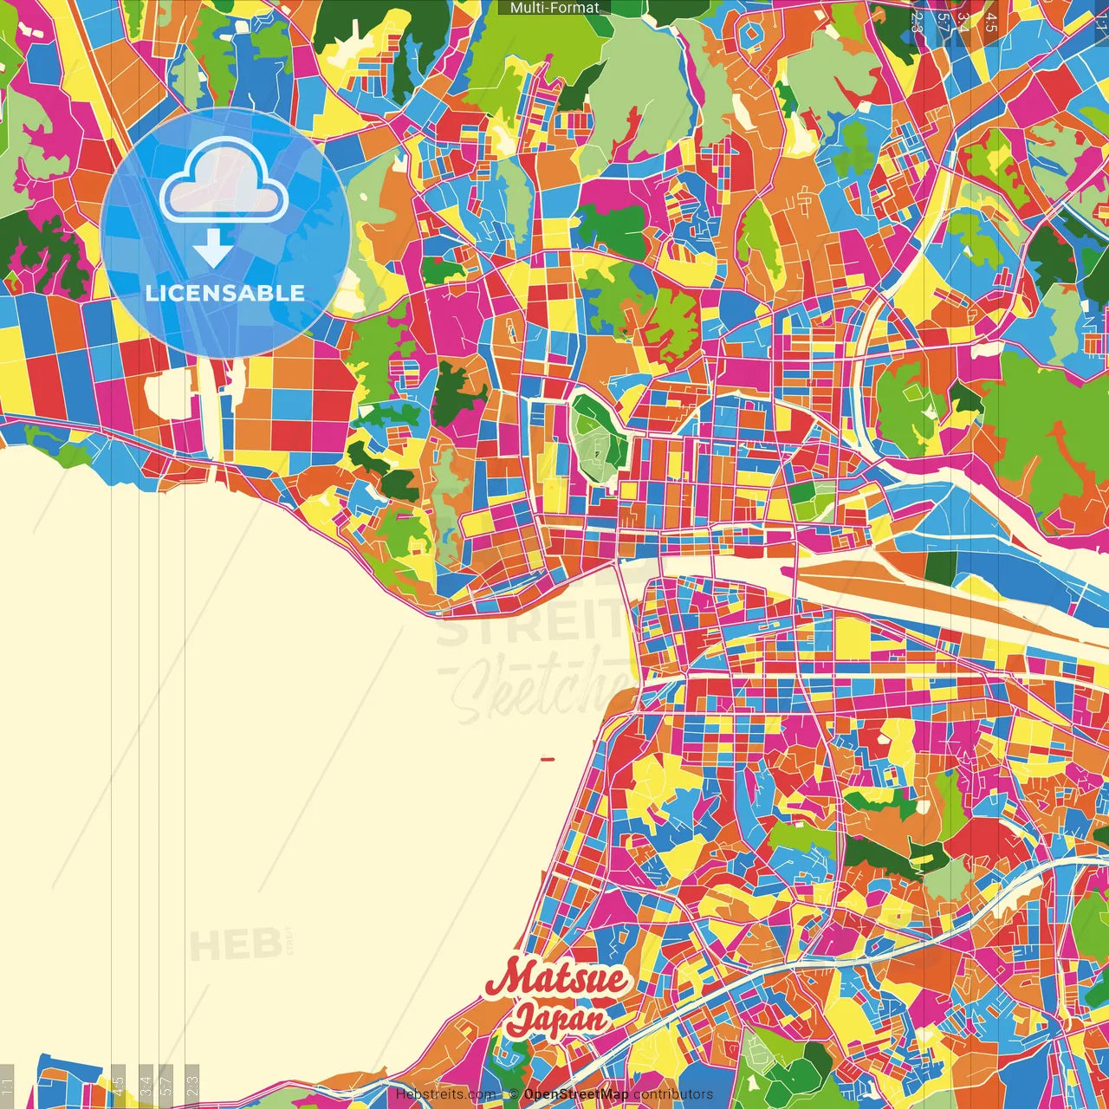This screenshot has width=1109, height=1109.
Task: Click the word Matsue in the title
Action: tap(557, 978)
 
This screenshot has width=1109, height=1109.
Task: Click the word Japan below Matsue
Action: tap(557, 1016)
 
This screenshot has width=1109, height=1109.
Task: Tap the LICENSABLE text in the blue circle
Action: tap(225, 293)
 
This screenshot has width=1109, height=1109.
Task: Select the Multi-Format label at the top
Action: tap(554, 8)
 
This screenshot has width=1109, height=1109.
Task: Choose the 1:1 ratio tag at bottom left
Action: tap(7, 1086)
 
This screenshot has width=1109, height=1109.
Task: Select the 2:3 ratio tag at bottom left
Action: tap(191, 1086)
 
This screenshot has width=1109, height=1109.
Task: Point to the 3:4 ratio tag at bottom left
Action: tap(146, 1086)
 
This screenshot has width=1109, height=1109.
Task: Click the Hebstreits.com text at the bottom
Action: tap(445, 1094)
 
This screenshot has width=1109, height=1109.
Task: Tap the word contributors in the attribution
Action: tap(673, 1094)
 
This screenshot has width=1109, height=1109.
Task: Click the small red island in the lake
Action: tap(547, 760)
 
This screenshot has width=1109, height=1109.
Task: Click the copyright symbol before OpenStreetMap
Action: tap(514, 1094)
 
